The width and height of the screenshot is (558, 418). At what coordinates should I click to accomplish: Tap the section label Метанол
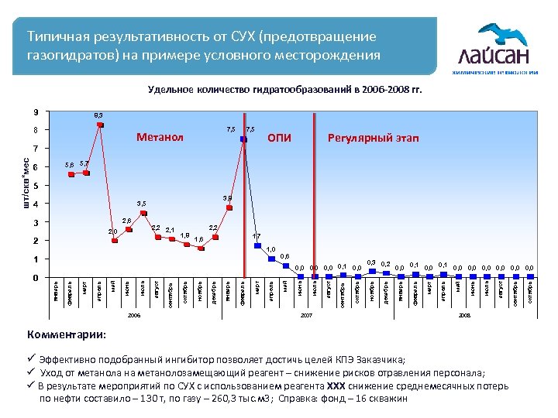[160, 138]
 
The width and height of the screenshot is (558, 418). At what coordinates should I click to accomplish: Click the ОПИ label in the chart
[279, 138]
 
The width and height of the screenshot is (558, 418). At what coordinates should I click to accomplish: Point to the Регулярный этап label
[373, 138]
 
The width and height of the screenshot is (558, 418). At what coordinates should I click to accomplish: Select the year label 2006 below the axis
[134, 316]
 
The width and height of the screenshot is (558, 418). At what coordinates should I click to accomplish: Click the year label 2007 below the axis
[306, 316]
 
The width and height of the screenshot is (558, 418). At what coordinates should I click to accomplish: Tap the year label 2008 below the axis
[465, 316]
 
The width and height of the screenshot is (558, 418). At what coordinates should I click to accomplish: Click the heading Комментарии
[68, 334]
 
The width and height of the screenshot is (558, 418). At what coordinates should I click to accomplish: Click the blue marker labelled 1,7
[258, 245]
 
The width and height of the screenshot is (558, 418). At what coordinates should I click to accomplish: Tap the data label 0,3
[371, 263]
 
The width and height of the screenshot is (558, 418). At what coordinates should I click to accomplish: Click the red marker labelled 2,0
[115, 240]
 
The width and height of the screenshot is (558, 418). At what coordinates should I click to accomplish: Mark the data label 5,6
[70, 165]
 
